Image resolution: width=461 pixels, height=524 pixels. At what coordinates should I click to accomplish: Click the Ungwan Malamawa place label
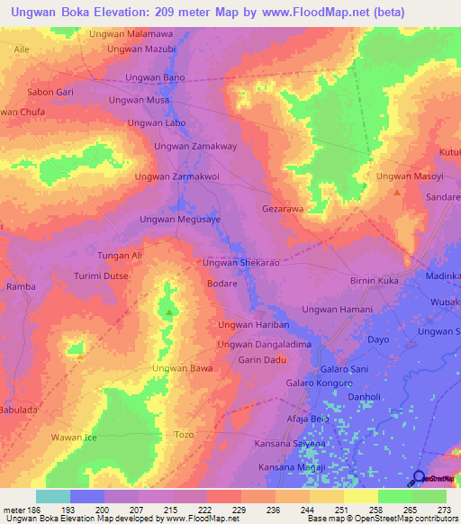point(131,33)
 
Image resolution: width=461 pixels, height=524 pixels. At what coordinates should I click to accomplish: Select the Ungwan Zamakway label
point(195,146)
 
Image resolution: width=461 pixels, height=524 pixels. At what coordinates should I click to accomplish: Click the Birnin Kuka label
point(374,282)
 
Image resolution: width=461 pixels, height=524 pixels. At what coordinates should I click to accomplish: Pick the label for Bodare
point(221,283)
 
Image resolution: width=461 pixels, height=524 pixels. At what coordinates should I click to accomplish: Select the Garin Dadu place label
point(262,360)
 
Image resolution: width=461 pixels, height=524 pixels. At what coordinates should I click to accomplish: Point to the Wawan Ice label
point(73,438)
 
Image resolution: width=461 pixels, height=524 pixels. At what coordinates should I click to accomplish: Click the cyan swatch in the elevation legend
point(52,496)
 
